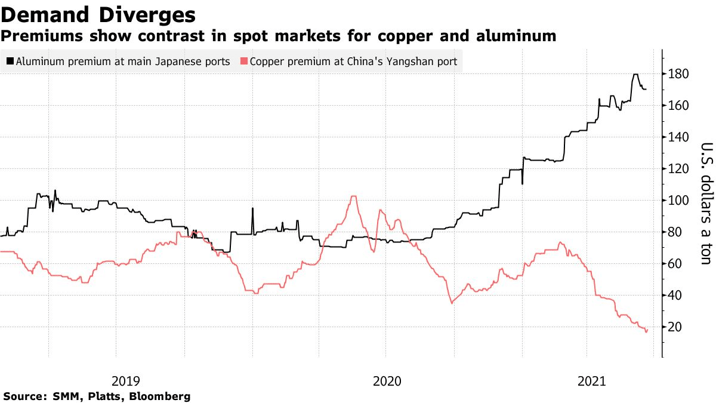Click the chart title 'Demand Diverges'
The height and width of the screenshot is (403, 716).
pyautogui.click(x=98, y=14)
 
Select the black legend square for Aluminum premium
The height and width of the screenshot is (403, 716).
pyautogui.click(x=10, y=61)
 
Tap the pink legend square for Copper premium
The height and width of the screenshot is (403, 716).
pyautogui.click(x=243, y=61)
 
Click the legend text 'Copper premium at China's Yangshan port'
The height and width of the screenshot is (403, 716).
pyautogui.click(x=354, y=61)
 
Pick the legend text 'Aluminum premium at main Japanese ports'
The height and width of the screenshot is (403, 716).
pyautogui.click(x=123, y=61)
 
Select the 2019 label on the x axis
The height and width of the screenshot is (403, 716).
pyautogui.click(x=125, y=380)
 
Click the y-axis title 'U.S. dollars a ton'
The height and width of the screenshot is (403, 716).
pyautogui.click(x=705, y=203)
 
